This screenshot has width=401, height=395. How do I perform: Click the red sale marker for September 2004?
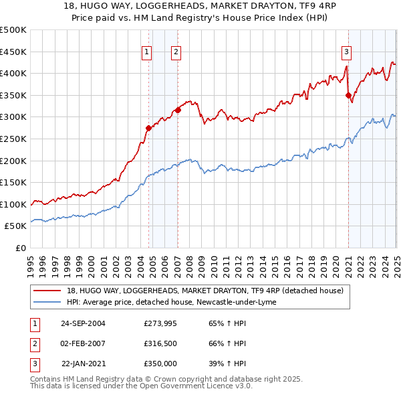148,128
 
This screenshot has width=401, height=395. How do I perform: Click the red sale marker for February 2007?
178,110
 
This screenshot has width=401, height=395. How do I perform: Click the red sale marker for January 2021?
348,95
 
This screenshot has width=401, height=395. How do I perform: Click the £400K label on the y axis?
14,73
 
